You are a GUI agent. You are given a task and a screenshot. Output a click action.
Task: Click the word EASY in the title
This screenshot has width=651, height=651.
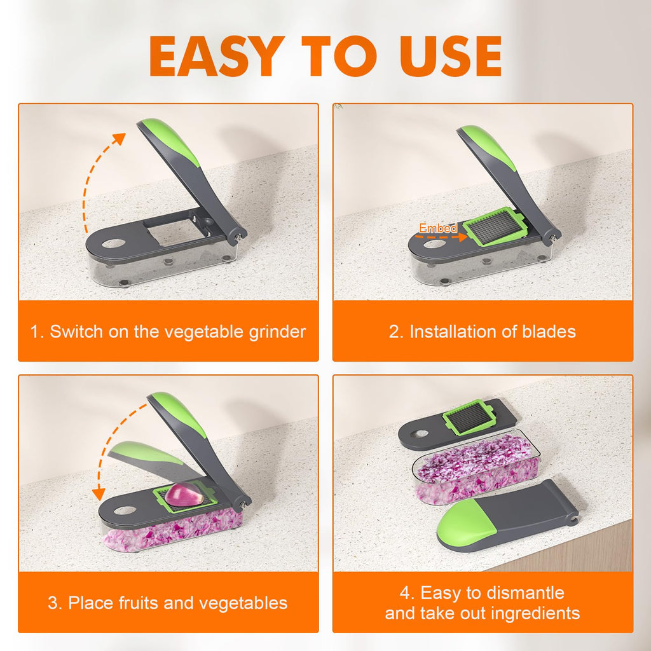(216, 56)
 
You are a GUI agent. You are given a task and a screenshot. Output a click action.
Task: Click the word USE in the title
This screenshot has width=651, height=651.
(450, 56)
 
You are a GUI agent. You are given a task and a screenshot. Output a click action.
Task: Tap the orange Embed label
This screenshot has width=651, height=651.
(437, 228)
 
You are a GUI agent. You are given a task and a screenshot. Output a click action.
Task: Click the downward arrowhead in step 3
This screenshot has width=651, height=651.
(99, 494)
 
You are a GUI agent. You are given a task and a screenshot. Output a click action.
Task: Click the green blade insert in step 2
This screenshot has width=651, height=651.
(495, 226)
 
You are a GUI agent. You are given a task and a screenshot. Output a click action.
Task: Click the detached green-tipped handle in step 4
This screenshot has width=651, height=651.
(507, 516)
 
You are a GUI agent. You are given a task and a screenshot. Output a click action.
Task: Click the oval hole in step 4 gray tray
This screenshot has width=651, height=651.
(420, 434)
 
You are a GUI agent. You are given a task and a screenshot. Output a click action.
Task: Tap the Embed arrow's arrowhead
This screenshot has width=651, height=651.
(463, 237)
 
